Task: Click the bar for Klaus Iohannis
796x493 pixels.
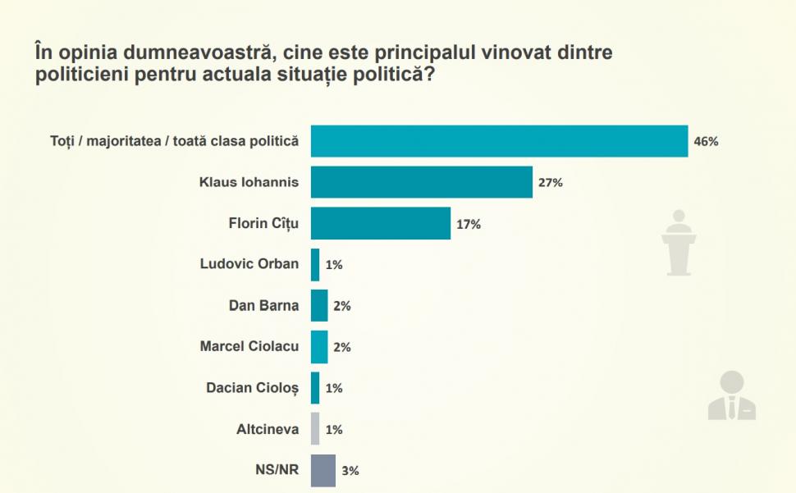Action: (x=421, y=182)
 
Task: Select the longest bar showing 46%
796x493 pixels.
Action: (x=499, y=141)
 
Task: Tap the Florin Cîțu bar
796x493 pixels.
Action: (x=381, y=223)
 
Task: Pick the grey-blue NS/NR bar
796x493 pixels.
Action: (x=323, y=470)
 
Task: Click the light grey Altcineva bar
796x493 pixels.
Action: (x=315, y=429)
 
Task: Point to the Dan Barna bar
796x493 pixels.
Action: (x=319, y=306)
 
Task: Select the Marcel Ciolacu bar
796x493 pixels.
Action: (x=319, y=347)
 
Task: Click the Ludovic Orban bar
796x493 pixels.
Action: (x=315, y=264)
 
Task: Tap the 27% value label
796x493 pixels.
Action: (x=550, y=183)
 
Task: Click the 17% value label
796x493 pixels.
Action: (x=468, y=224)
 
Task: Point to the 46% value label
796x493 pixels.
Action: (x=706, y=141)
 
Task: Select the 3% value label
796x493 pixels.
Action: (x=351, y=471)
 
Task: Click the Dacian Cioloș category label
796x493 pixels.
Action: (x=253, y=387)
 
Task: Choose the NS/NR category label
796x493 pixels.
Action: (x=277, y=470)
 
